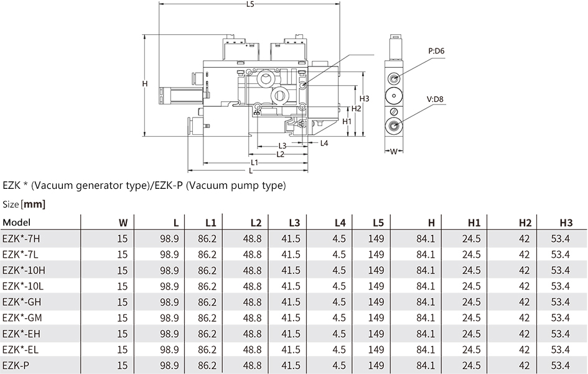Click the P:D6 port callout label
[436, 51]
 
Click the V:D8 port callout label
[435, 99]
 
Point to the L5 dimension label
[250, 4]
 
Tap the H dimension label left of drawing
[145, 83]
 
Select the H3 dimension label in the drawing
[364, 98]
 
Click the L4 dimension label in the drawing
[324, 143]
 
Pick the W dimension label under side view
[393, 152]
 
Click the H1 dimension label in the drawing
[347, 121]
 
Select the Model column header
[17, 222]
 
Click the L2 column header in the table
[256, 223]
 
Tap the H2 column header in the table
[525, 223]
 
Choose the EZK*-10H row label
[24, 270]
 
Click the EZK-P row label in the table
[16, 365]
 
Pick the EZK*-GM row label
[22, 318]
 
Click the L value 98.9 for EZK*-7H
[169, 239]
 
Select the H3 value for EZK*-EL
[560, 350]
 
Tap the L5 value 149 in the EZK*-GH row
[376, 302]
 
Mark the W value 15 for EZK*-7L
[123, 255]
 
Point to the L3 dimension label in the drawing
[282, 146]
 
